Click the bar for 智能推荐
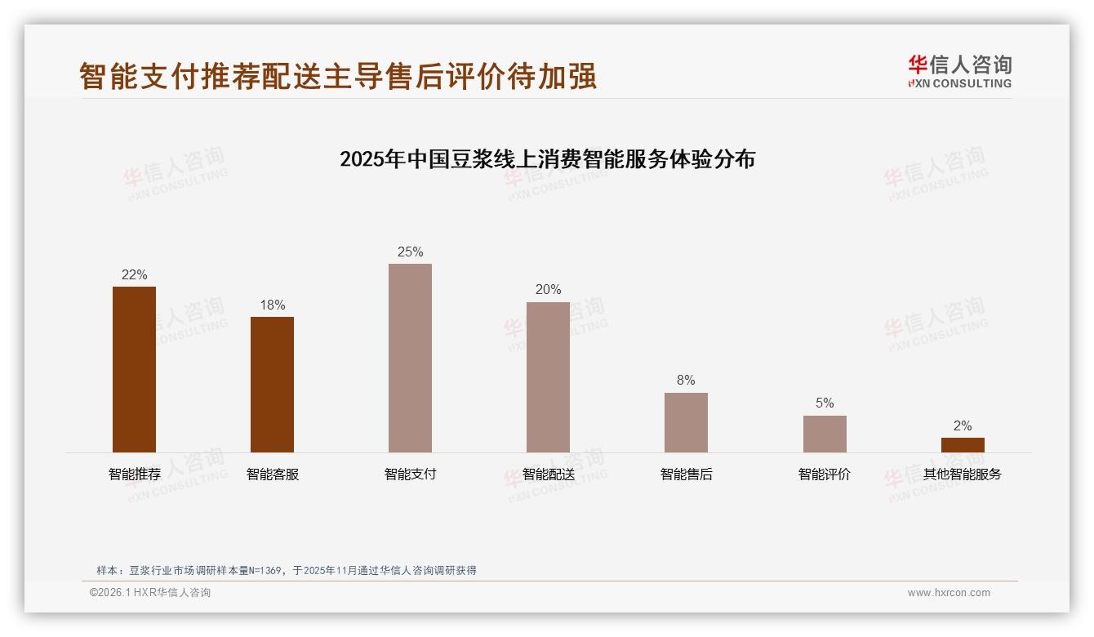[x=134, y=369]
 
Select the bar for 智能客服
[x=272, y=385]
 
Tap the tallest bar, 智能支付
[x=410, y=358]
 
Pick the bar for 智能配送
[x=548, y=377]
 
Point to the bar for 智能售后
[x=686, y=422]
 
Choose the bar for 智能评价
[x=825, y=434]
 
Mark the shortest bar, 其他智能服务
[x=963, y=445]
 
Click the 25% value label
[x=410, y=252]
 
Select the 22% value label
[x=134, y=275]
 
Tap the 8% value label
[x=686, y=381]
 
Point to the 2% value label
[x=963, y=426]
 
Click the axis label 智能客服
[x=273, y=474]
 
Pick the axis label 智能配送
[x=549, y=474]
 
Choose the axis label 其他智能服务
[x=963, y=474]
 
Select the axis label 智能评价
[x=825, y=474]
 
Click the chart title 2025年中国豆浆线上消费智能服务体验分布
[x=547, y=158]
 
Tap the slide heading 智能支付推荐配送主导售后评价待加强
[x=338, y=76]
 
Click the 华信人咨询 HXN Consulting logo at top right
[x=959, y=71]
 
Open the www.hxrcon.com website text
[x=949, y=593]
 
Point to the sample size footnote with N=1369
[x=286, y=571]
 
